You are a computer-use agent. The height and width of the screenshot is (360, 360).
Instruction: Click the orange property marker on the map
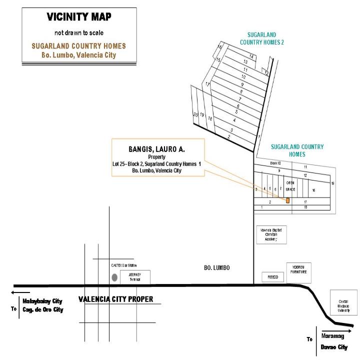point(287,200)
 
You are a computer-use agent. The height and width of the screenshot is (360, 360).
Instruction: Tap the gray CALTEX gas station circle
point(114,276)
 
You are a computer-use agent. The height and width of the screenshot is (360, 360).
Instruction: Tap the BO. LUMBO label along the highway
point(217,268)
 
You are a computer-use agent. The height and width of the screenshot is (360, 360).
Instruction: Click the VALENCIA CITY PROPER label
point(116,299)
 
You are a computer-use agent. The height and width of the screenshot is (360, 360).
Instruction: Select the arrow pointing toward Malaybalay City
point(20,293)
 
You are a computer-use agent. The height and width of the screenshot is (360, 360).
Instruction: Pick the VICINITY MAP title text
point(79,17)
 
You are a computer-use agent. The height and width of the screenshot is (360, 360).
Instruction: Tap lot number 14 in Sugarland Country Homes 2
point(252,57)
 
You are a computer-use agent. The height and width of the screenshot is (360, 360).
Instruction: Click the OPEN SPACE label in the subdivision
point(290,186)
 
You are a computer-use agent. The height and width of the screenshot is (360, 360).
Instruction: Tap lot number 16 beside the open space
point(313,190)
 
